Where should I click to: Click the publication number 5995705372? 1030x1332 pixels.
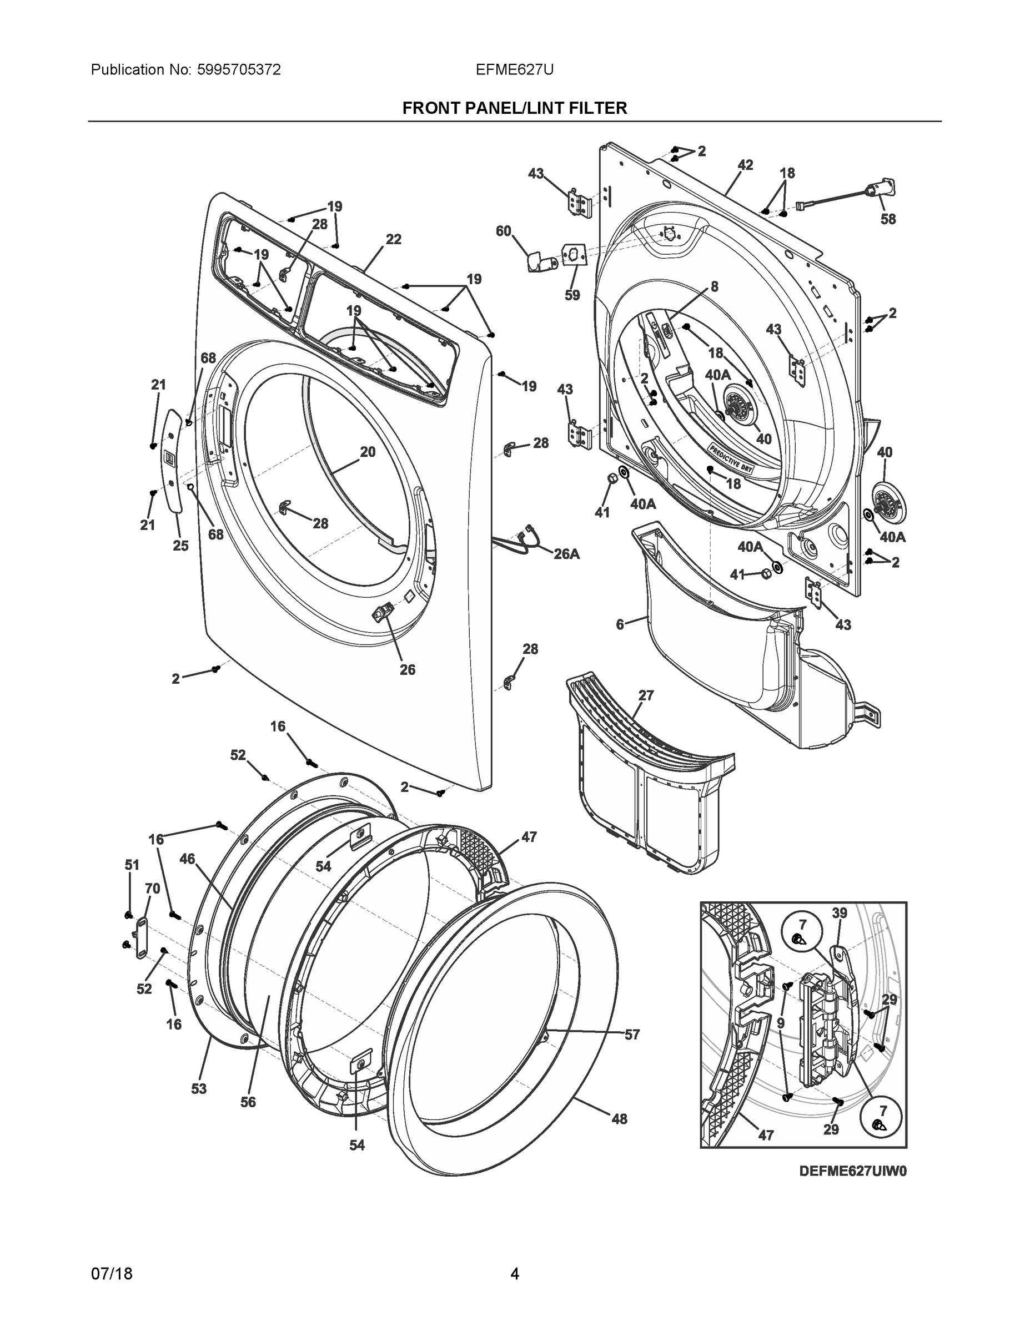pos(239,70)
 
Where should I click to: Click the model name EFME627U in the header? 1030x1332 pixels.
pos(514,70)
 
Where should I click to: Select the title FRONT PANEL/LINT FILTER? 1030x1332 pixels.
pos(514,109)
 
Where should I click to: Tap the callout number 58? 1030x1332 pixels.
pos(888,220)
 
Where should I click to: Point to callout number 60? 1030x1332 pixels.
pos(504,231)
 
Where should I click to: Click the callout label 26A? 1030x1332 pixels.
pos(566,554)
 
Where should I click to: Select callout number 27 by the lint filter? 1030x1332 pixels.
pos(646,695)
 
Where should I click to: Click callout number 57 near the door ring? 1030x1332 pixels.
pos(632,1035)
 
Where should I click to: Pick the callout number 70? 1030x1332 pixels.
pos(153,889)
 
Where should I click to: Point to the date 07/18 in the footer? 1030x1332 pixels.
pos(112,1274)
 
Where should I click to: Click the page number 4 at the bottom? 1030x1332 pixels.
pos(514,1274)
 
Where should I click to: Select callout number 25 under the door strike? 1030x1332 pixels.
pos(180,546)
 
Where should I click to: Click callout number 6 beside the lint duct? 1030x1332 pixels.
pos(620,624)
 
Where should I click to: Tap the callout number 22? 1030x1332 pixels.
pos(394,240)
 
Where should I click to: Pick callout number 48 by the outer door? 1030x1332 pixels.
pos(619,1118)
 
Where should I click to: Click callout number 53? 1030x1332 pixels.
pos(199,1089)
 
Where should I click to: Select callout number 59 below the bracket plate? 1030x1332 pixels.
pos(572,295)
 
